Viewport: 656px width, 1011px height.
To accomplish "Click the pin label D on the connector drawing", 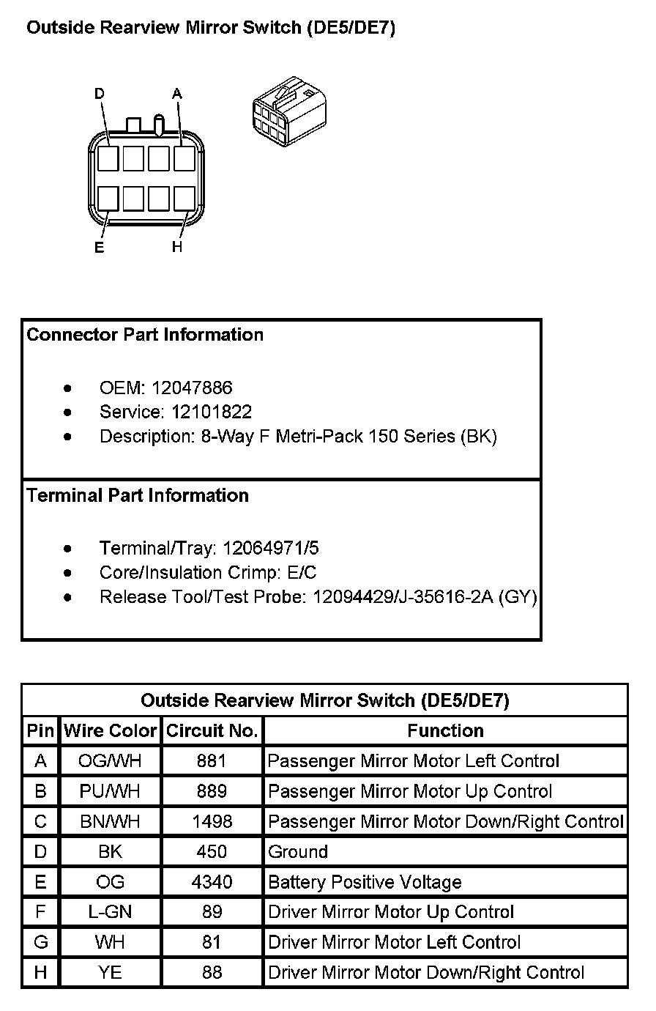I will coord(100,94).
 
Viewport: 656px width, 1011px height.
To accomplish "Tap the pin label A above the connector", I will coord(177,94).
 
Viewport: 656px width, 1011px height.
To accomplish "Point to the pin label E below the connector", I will coord(100,248).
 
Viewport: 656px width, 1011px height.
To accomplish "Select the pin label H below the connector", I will coord(177,248).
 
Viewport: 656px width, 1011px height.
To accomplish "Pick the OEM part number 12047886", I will coord(191,387).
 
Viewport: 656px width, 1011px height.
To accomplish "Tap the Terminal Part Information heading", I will coord(138,496).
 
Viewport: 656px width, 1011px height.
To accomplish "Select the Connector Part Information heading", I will coord(145,335).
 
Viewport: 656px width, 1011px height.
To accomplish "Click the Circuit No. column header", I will coord(212,731).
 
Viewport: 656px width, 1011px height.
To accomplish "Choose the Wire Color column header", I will coord(111,731).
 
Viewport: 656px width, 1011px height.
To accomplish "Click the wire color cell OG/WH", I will coord(110,761).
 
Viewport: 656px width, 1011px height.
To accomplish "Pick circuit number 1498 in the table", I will coord(212,821).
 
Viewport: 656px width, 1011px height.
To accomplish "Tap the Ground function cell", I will coord(298,852).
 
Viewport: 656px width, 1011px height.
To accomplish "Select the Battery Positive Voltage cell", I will coord(365,882).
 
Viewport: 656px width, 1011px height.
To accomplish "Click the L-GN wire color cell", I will coord(110,912).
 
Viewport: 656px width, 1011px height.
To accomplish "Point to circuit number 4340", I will coord(212,882).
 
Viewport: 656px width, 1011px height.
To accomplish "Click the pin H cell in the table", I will coord(41,973).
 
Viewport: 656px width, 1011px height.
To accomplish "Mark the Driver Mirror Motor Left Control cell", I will coord(395,942).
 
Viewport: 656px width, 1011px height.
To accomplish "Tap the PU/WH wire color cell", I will coord(110,791).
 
